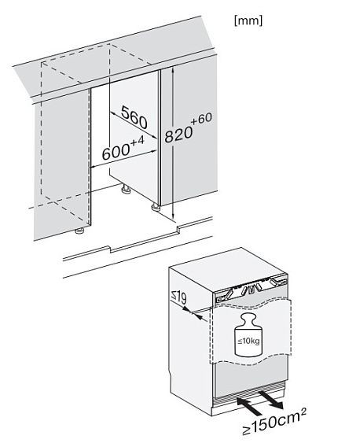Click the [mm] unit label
pyautogui.click(x=248, y=21)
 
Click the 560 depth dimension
pyautogui.click(x=134, y=117)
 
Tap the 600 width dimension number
pyautogui.click(x=116, y=153)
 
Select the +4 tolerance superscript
pyautogui.click(x=138, y=142)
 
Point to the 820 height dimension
pyautogui.click(x=178, y=134)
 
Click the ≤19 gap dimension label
pyautogui.click(x=178, y=298)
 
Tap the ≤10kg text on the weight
pyautogui.click(x=248, y=341)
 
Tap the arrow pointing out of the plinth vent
pyautogui.click(x=271, y=399)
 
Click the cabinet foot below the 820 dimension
pyautogui.click(x=156, y=208)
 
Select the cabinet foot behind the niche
pyautogui.click(x=125, y=190)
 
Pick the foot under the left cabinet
pyautogui.click(x=79, y=231)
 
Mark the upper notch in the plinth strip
pyautogui.click(x=178, y=228)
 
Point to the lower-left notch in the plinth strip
pyautogui.click(x=109, y=249)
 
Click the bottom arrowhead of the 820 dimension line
pyautogui.click(x=173, y=217)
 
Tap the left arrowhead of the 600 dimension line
pyautogui.click(x=93, y=167)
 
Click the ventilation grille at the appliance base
pyautogui.click(x=249, y=393)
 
